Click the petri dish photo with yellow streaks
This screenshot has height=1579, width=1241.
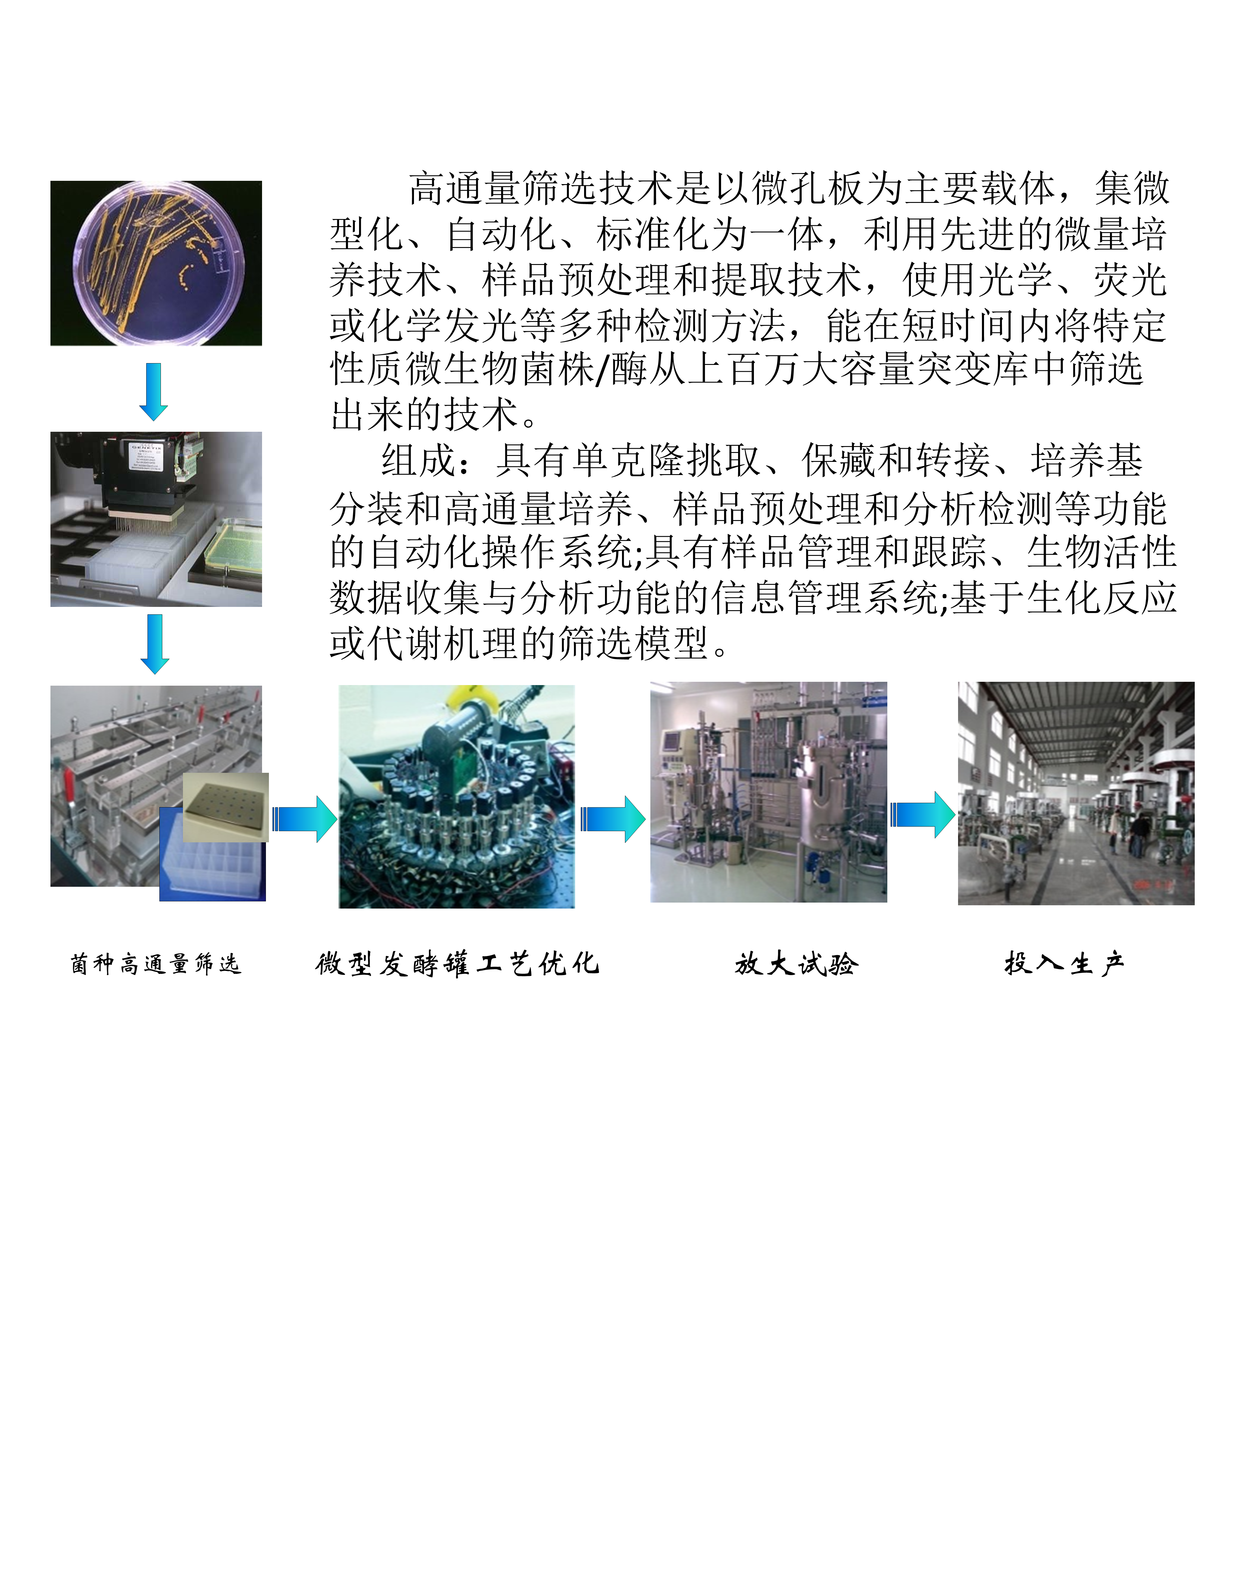click(x=156, y=263)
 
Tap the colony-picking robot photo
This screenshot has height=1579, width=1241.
click(x=156, y=519)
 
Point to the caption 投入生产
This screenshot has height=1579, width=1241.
click(x=1064, y=964)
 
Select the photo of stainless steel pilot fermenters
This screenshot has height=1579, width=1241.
click(x=769, y=792)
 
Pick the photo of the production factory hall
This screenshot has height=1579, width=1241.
click(x=1076, y=793)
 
